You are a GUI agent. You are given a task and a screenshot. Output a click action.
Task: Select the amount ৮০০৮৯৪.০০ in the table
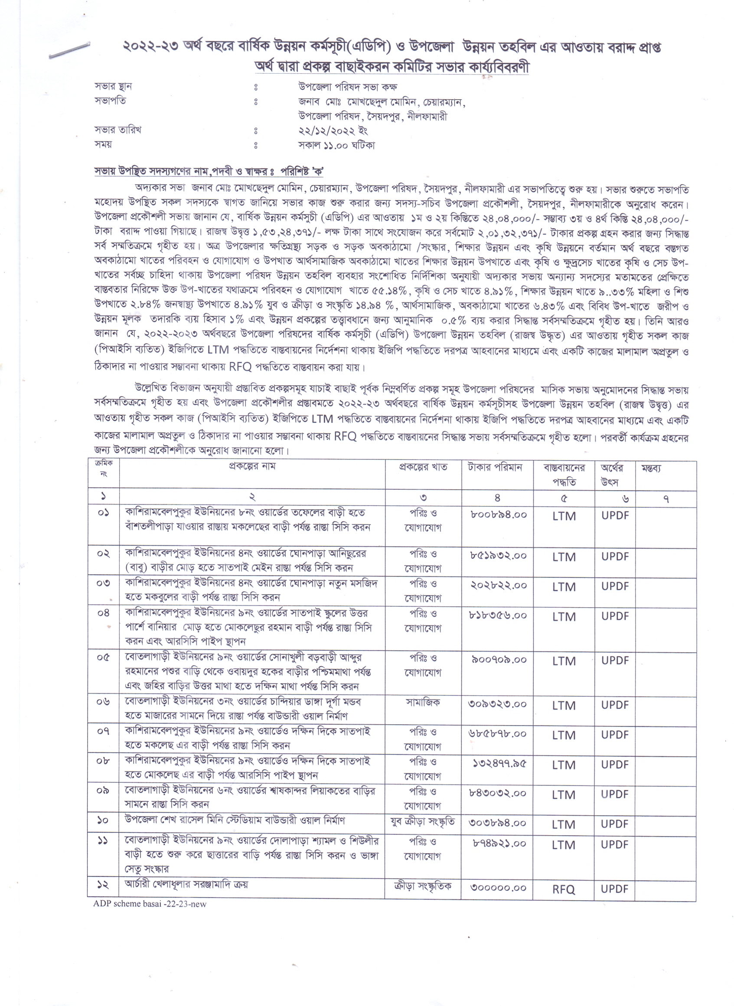point(499,515)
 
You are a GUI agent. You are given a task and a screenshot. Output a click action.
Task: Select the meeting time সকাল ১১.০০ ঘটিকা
point(336,145)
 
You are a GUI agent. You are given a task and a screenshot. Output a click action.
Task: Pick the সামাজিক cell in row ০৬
point(423,702)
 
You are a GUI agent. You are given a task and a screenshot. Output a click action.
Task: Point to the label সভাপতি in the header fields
point(110,101)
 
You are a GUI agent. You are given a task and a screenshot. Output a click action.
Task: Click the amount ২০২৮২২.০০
point(499,586)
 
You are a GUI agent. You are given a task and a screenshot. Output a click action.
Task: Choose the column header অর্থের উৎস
point(612,475)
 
